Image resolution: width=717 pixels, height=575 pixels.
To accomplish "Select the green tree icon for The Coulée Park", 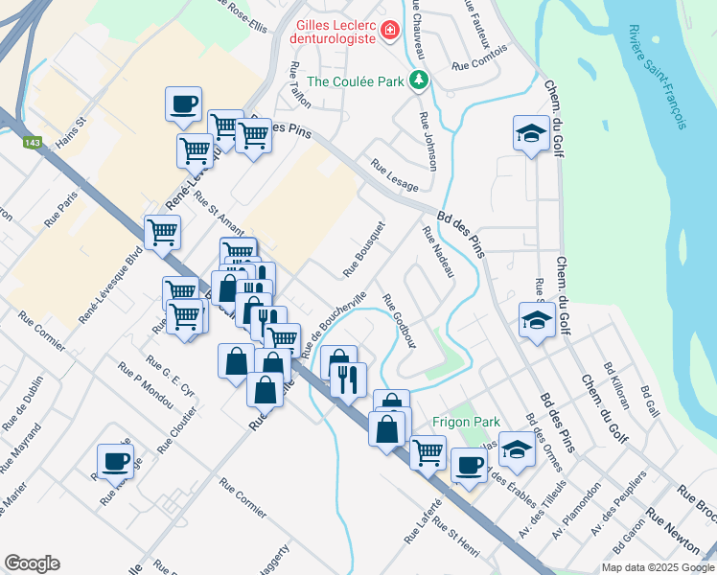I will pyautogui.click(x=418, y=80).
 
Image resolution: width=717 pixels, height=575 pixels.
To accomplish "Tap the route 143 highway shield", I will pyautogui.click(x=33, y=142).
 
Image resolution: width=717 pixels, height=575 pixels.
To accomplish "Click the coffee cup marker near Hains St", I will pyautogui.click(x=183, y=103).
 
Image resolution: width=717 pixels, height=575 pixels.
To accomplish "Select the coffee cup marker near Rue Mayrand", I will pyautogui.click(x=115, y=461).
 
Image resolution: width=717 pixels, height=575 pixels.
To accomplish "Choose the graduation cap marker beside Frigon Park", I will pyautogui.click(x=517, y=449).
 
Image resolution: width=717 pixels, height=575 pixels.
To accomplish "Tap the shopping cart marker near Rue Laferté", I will pyautogui.click(x=428, y=450).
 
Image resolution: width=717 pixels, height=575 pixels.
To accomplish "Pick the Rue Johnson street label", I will pyautogui.click(x=428, y=142).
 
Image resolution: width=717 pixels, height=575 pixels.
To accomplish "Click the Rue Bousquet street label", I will pyautogui.click(x=364, y=249).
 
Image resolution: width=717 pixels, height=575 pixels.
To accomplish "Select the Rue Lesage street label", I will pyautogui.click(x=395, y=173).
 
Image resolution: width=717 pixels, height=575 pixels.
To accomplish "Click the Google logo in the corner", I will pyautogui.click(x=32, y=563).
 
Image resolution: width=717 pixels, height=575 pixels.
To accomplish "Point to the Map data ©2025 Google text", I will pyautogui.click(x=658, y=567).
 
